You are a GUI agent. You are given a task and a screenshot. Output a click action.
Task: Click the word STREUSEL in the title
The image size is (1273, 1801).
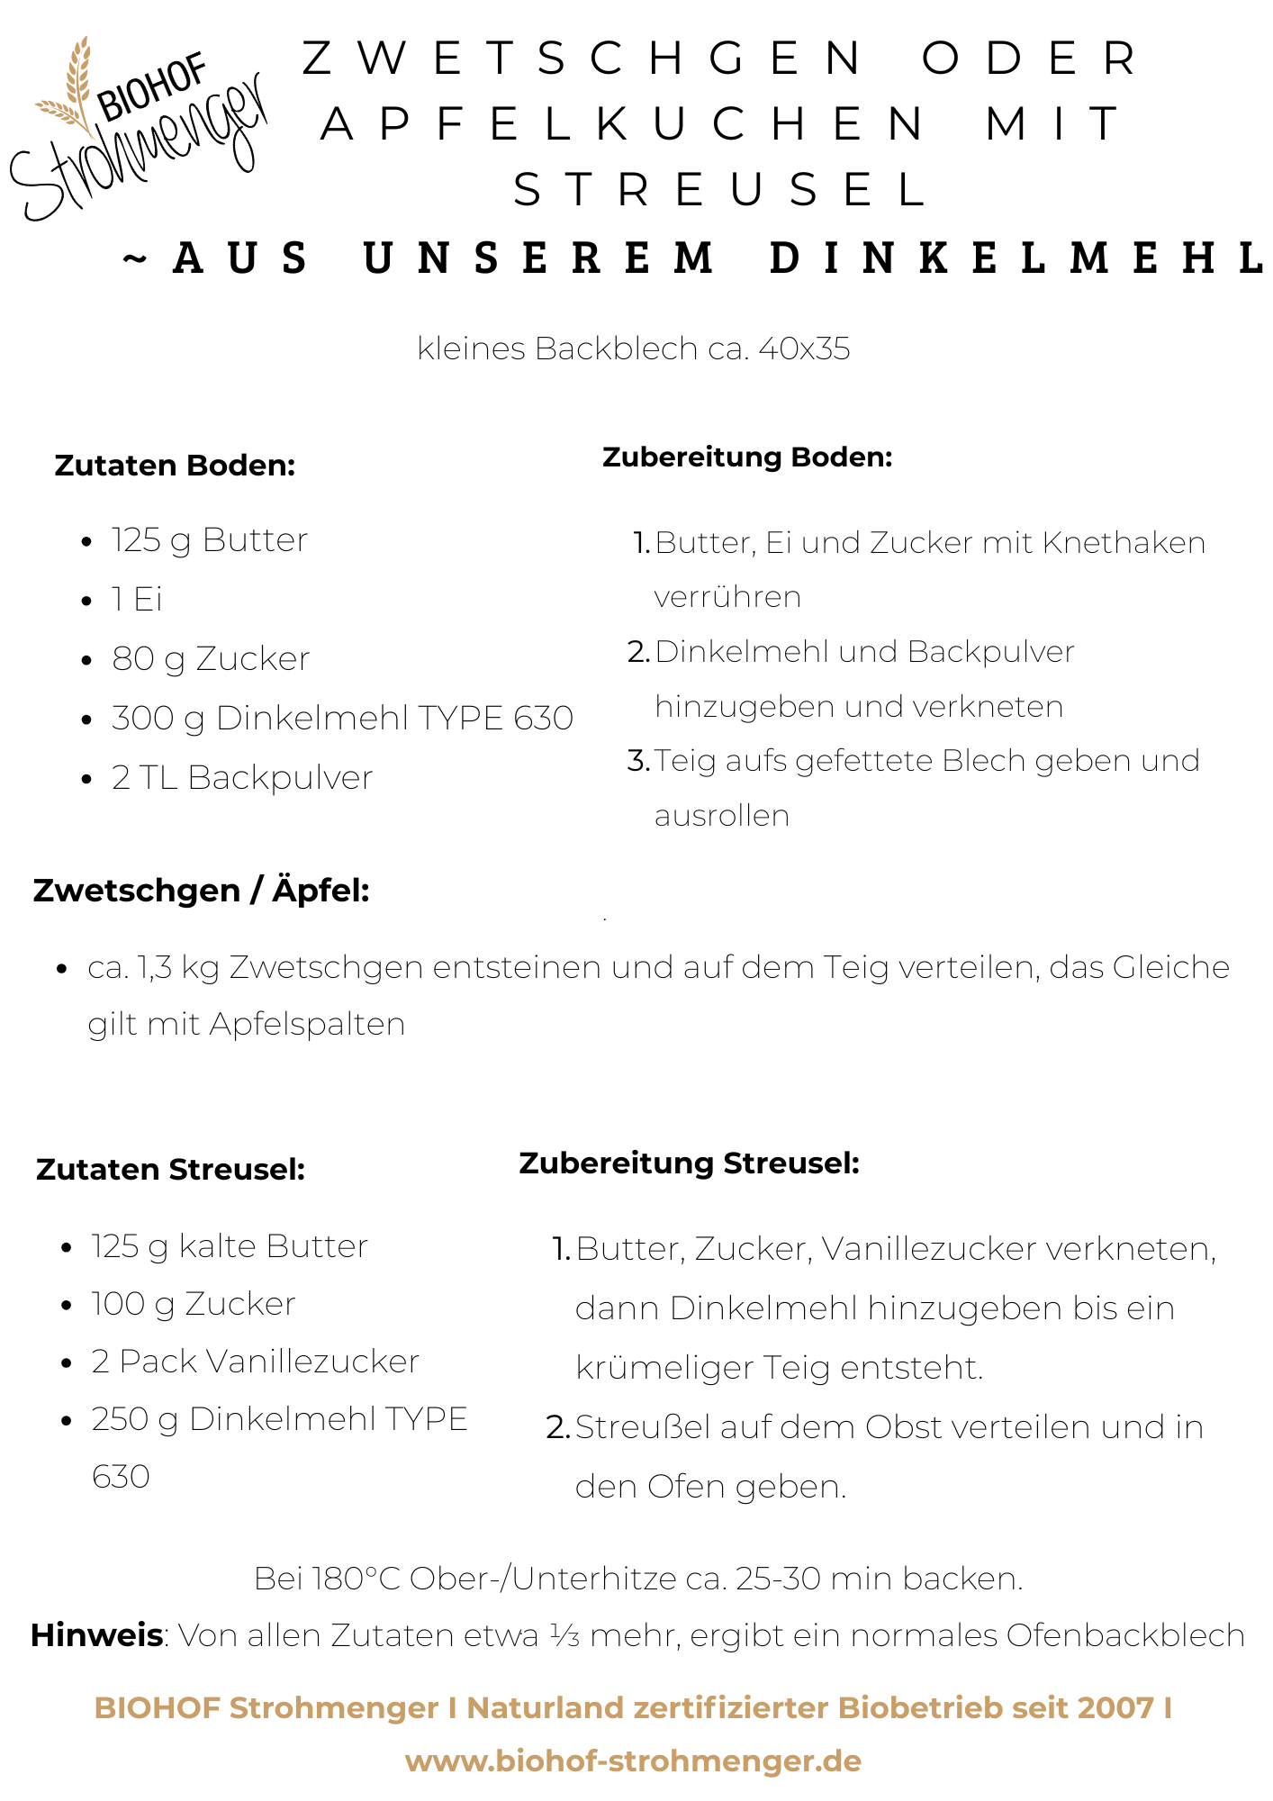tap(720, 190)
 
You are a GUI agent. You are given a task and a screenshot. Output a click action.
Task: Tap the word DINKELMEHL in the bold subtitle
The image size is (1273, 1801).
tap(1017, 258)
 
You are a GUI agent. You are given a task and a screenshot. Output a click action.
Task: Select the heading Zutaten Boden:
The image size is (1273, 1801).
tap(175, 466)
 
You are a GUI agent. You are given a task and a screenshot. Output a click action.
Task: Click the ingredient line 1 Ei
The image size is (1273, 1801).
tap(137, 600)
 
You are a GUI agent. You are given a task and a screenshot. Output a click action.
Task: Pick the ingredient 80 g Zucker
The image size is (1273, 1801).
tap(211, 659)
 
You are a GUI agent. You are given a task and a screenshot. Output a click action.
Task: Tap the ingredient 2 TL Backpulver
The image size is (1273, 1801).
tap(241, 778)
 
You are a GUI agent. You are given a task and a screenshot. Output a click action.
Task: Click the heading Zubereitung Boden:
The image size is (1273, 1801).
tap(747, 457)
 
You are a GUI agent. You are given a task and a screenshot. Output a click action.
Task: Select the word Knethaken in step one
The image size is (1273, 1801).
tap(1124, 543)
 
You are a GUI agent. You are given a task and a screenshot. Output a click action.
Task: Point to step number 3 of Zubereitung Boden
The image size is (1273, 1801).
tap(638, 761)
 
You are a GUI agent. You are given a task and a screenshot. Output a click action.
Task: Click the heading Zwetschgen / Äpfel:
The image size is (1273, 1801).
tap(201, 891)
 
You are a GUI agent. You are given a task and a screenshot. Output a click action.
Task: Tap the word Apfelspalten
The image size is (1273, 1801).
tap(307, 1025)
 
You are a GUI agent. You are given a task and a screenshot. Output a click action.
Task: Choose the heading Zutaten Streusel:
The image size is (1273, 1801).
tap(171, 1170)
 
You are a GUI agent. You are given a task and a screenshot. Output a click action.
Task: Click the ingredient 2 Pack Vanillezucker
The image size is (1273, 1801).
tap(255, 1362)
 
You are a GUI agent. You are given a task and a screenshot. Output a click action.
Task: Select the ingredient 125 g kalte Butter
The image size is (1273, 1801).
tap(230, 1247)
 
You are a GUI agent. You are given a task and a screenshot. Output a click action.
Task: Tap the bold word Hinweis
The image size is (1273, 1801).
tap(96, 1635)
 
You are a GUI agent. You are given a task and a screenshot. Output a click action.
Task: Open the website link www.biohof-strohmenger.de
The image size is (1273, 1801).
tap(633, 1761)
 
